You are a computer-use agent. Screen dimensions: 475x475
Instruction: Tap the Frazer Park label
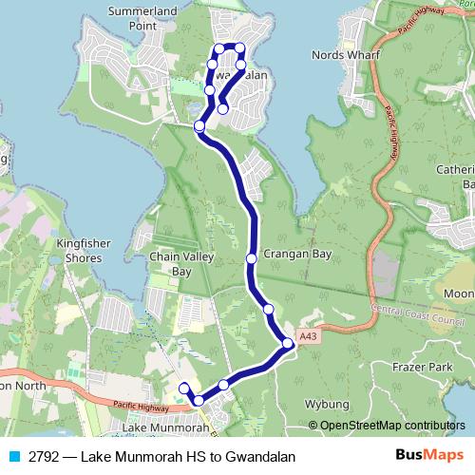pyautogui.click(x=423, y=366)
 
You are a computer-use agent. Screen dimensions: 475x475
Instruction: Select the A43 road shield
pyautogui.click(x=306, y=335)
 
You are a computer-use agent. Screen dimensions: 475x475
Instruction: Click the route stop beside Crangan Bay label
pyautogui.click(x=251, y=258)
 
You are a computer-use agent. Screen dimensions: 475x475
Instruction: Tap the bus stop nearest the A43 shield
pyautogui.click(x=288, y=343)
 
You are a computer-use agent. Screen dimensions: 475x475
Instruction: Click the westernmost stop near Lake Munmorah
pyautogui.click(x=184, y=387)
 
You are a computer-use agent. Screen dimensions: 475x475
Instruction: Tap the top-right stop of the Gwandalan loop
pyautogui.click(x=239, y=47)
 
